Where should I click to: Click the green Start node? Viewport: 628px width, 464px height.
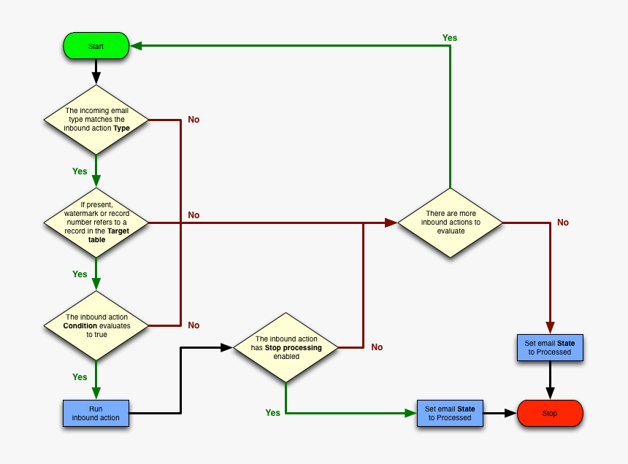[x=96, y=46]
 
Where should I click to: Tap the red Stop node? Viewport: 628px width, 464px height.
[x=550, y=413]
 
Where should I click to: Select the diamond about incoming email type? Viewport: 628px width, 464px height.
[x=96, y=119]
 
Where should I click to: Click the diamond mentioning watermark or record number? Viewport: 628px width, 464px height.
[x=96, y=222]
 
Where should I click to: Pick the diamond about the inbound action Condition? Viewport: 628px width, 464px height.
[x=96, y=325]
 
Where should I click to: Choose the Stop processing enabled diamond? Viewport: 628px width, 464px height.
[x=286, y=347]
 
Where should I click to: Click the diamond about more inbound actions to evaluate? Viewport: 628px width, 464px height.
[x=451, y=222]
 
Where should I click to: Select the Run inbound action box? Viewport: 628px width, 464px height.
[x=96, y=413]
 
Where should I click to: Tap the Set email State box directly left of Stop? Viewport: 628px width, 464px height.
[x=450, y=413]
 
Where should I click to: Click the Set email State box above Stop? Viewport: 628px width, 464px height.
[x=550, y=347]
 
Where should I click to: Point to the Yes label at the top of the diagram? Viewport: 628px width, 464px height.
[x=450, y=37]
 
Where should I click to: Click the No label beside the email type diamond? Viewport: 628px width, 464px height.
[x=194, y=120]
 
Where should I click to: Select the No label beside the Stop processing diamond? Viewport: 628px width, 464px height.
[x=377, y=347]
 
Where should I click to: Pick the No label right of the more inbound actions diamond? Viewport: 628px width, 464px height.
[x=563, y=223]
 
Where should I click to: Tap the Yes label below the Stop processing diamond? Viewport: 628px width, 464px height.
[x=272, y=413]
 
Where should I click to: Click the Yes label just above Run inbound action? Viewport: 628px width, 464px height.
[x=80, y=377]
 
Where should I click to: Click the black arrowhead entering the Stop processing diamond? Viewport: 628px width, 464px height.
[x=227, y=347]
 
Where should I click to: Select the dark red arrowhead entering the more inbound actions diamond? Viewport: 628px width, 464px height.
[x=391, y=222]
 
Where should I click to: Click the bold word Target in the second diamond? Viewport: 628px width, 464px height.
[x=118, y=231]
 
